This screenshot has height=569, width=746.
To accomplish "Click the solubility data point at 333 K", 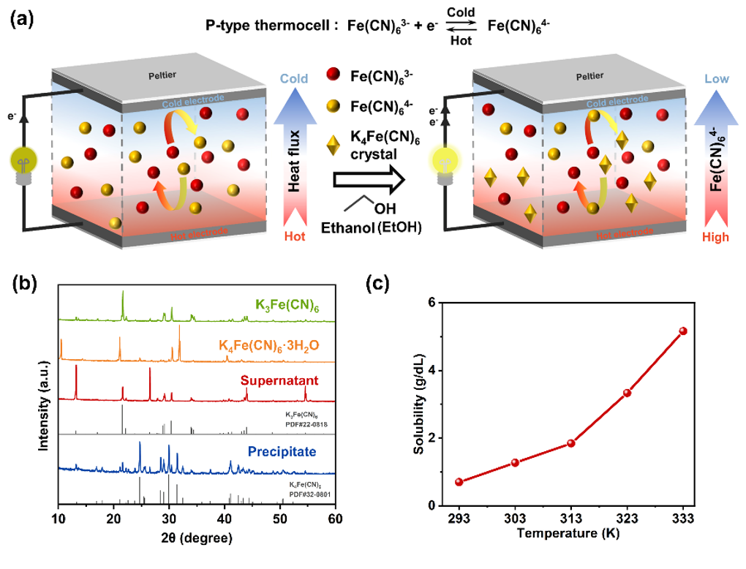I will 683,331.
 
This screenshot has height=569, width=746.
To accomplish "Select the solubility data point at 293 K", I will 459,482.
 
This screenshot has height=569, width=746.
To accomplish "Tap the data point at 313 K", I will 571,443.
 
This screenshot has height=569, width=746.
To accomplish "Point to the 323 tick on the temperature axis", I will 627,519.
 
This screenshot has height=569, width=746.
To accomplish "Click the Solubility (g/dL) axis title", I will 418,404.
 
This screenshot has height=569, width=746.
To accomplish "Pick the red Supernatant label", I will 284,381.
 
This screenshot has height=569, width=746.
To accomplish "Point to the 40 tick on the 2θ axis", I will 225,519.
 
